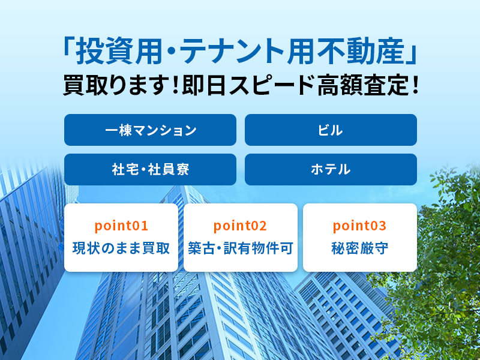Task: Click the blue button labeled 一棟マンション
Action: click(150, 130)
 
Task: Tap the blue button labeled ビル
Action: click(331, 130)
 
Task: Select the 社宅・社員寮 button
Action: click(150, 169)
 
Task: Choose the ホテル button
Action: click(331, 169)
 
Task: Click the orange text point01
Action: click(121, 226)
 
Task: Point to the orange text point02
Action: click(241, 226)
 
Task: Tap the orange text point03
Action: click(359, 226)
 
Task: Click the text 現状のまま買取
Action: click(121, 248)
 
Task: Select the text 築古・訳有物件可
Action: click(241, 248)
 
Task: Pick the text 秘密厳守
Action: click(359, 248)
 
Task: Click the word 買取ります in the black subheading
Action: click(116, 85)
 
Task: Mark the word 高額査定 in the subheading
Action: click(362, 85)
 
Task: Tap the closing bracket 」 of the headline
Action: click(411, 55)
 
